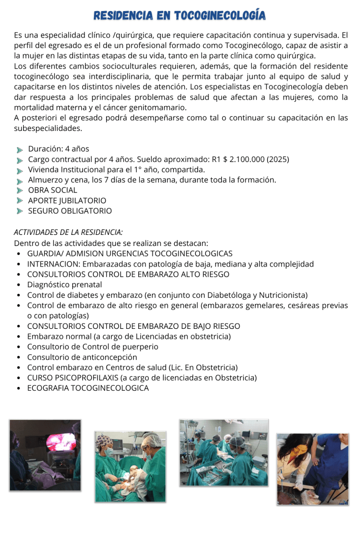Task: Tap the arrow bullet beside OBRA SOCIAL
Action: tap(20, 191)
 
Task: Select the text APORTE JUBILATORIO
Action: tap(67, 201)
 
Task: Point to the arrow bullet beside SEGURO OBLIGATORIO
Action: tap(20, 211)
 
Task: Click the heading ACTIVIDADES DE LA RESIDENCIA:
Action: tap(69, 232)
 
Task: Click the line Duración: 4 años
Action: tap(59, 149)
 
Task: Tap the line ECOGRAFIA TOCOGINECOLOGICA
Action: tap(88, 388)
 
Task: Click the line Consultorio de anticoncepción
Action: tap(82, 357)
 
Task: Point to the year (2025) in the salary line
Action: tap(278, 159)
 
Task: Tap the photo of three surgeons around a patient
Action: tap(130, 466)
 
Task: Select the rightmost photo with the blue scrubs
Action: tap(312, 469)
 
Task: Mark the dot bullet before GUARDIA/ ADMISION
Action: tap(19, 254)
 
